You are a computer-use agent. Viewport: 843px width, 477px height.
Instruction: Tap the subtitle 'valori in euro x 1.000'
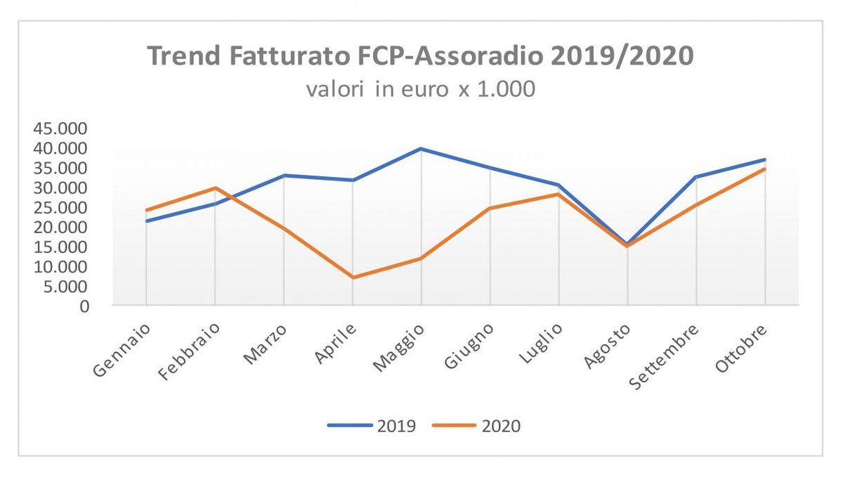point(419,90)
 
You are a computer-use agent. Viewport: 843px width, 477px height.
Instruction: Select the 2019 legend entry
point(377,426)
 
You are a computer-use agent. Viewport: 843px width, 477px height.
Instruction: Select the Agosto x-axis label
point(608,345)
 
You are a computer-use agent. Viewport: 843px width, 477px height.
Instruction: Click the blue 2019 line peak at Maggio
point(421,148)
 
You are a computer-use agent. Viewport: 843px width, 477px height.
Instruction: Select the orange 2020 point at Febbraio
point(214,188)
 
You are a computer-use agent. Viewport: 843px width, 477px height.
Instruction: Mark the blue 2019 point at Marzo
point(283,175)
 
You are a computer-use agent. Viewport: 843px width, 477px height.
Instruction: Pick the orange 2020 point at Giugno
point(490,208)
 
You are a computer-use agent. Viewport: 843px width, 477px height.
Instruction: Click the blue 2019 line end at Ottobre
point(765,159)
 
